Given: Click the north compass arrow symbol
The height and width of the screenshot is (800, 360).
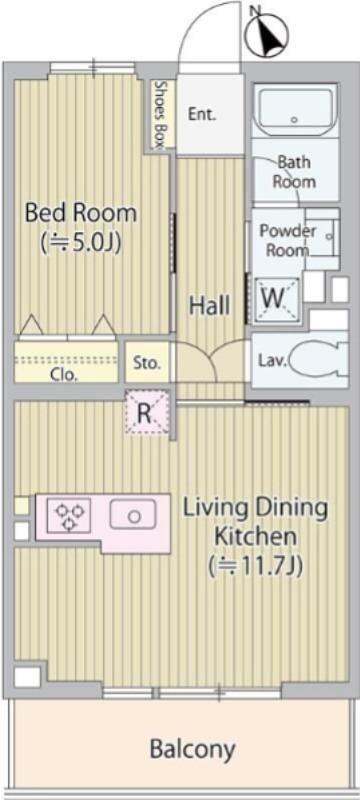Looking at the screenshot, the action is (x=267, y=34).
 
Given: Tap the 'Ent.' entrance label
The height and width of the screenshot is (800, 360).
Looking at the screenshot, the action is (x=202, y=114).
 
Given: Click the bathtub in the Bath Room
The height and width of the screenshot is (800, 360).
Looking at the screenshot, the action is (x=294, y=111).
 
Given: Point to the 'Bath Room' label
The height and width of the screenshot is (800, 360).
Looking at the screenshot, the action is (x=294, y=172).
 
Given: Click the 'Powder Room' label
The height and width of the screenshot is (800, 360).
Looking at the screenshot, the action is (x=288, y=240).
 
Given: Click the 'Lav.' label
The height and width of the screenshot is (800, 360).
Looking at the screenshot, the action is (x=271, y=361).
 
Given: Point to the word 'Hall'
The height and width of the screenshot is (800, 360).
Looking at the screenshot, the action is (x=210, y=306).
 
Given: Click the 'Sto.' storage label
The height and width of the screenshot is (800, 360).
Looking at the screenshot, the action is (x=147, y=364).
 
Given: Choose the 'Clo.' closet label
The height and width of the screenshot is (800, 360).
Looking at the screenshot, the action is (x=64, y=375).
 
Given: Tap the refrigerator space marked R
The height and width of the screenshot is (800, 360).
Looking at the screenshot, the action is (x=147, y=413).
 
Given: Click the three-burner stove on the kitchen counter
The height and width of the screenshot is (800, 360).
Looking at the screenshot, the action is (x=69, y=515).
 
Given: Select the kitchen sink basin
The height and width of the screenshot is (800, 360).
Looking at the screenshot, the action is (x=133, y=514).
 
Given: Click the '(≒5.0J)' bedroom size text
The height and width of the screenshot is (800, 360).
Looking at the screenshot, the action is (x=81, y=242).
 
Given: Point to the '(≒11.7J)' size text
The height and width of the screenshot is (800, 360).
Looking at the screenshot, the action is (x=255, y=564).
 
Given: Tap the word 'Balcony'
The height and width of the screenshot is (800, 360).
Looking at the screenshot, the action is (x=193, y=749).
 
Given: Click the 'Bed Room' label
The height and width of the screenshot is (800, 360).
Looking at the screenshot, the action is (x=81, y=212).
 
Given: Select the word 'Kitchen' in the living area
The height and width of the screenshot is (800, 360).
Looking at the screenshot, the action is (x=255, y=536).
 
